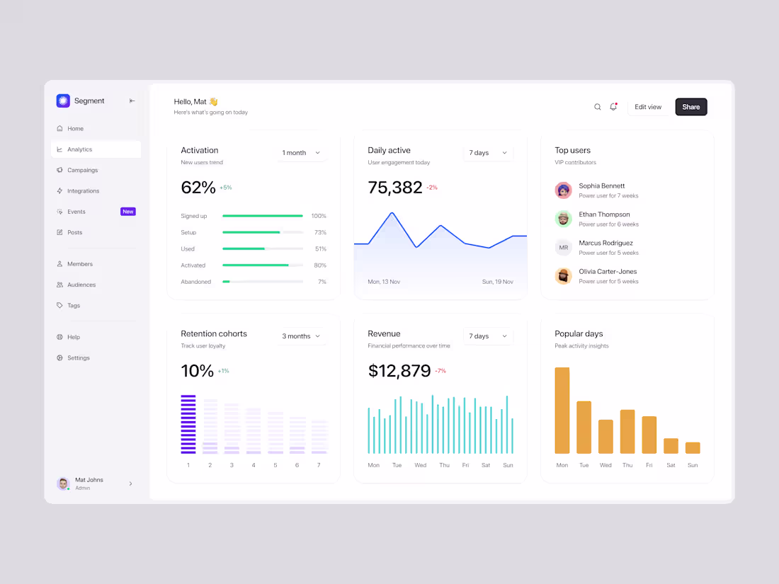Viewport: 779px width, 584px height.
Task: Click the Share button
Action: (x=690, y=107)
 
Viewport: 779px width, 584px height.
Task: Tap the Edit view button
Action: (x=647, y=107)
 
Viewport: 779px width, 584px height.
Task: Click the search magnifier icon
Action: (x=597, y=107)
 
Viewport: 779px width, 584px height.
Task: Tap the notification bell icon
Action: (x=613, y=107)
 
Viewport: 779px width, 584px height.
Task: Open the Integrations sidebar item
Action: (x=83, y=191)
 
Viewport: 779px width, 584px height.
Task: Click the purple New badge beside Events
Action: (x=127, y=212)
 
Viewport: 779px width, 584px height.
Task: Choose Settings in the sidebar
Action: (x=78, y=358)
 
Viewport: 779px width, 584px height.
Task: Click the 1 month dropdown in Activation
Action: (x=301, y=153)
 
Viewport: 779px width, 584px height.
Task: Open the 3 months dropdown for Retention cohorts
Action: (x=301, y=336)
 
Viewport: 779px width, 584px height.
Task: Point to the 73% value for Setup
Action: (x=320, y=232)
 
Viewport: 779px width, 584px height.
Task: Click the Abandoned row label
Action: (x=195, y=282)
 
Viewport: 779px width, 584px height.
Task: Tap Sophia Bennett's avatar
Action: (x=563, y=190)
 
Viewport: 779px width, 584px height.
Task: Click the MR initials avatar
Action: (x=563, y=247)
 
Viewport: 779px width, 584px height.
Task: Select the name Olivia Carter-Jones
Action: (x=608, y=271)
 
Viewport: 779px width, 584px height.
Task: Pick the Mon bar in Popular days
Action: (x=562, y=411)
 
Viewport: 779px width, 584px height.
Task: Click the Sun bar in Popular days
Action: (x=693, y=447)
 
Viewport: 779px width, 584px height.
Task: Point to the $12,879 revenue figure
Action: (x=399, y=371)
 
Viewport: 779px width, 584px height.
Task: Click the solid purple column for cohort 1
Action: (x=188, y=424)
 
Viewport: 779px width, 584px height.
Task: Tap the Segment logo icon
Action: (x=63, y=101)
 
